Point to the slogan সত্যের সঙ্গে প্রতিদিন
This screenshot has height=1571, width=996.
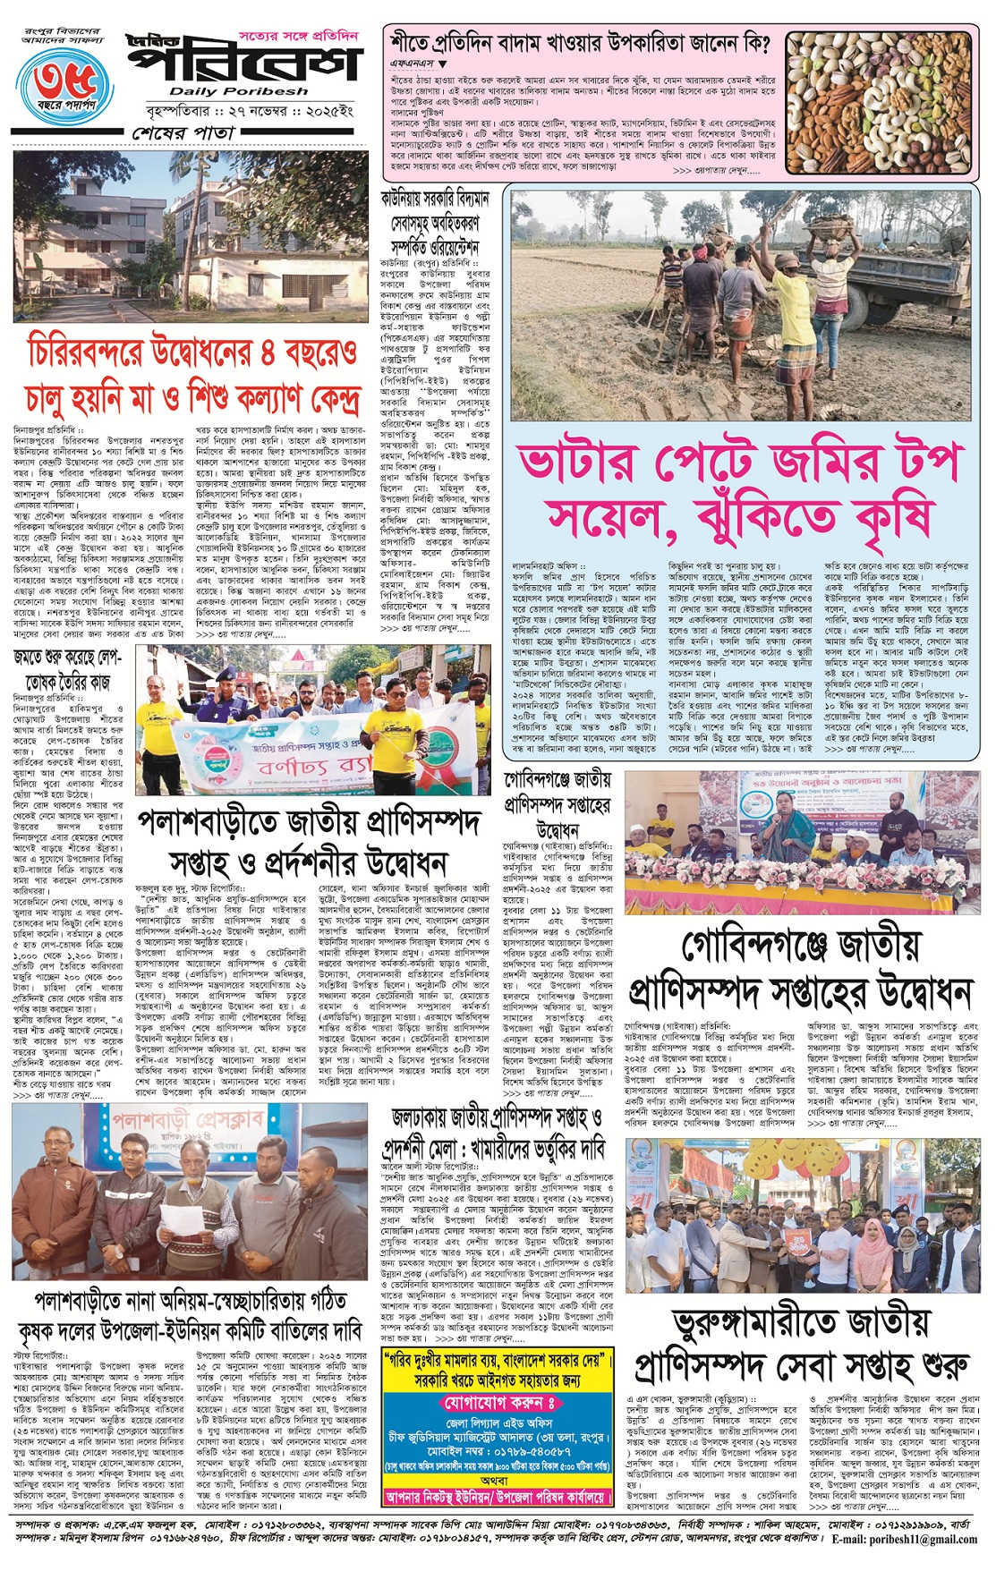coord(298,37)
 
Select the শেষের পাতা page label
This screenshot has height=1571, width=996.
coord(183,132)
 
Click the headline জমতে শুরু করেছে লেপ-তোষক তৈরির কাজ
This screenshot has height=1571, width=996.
coord(67,657)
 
